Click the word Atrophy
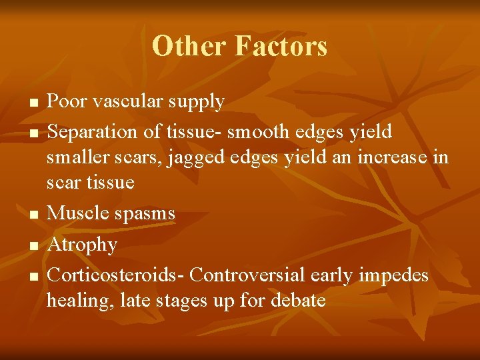82,245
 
